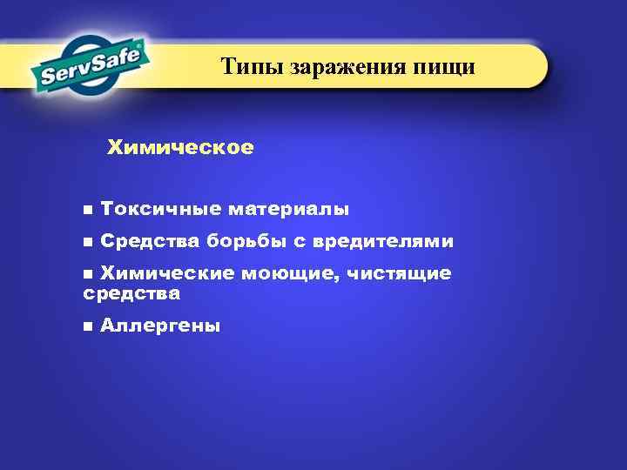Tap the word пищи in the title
pos(446,66)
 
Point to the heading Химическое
pos(180,148)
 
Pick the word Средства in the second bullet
pos(150,241)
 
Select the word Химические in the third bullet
pos(166,273)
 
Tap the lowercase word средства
pos(131,294)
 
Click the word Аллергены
pos(160,326)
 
